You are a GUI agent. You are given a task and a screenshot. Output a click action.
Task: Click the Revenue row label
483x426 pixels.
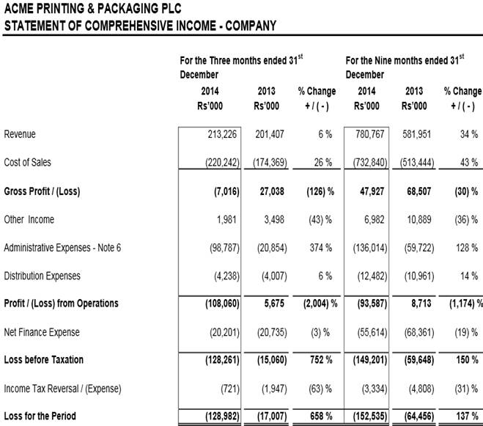click(x=20, y=134)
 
